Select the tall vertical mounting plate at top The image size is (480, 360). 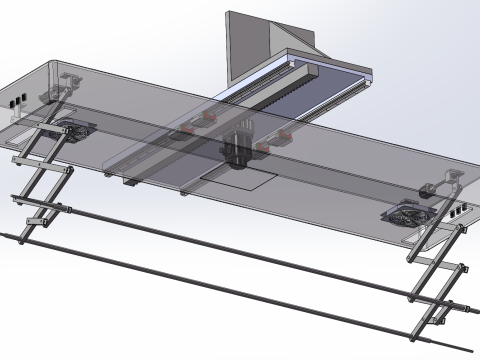coord(243,45)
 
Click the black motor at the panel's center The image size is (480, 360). coord(238,146)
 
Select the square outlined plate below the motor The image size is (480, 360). coord(238,178)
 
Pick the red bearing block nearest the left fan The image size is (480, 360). coord(186,128)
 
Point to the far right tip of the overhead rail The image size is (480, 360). coord(372,75)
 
